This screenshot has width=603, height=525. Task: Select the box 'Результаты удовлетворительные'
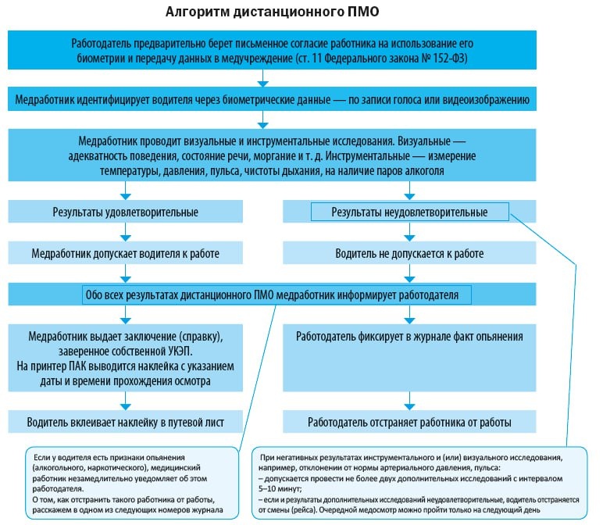click(x=125, y=212)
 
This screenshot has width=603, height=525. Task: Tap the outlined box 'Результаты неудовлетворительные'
click(x=409, y=212)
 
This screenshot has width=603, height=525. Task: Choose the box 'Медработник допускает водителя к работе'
click(x=125, y=254)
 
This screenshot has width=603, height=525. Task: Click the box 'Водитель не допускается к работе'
click(x=409, y=254)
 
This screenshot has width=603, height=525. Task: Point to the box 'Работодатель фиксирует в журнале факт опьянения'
click(x=409, y=337)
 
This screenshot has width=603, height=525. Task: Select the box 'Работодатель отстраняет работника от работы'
click(x=409, y=422)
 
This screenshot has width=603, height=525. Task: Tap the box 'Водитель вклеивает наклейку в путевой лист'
click(x=125, y=422)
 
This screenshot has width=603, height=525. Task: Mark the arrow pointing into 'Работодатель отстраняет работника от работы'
click(x=409, y=404)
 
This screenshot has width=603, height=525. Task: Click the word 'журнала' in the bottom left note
click(x=206, y=509)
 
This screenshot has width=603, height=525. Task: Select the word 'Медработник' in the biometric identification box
click(x=46, y=100)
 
